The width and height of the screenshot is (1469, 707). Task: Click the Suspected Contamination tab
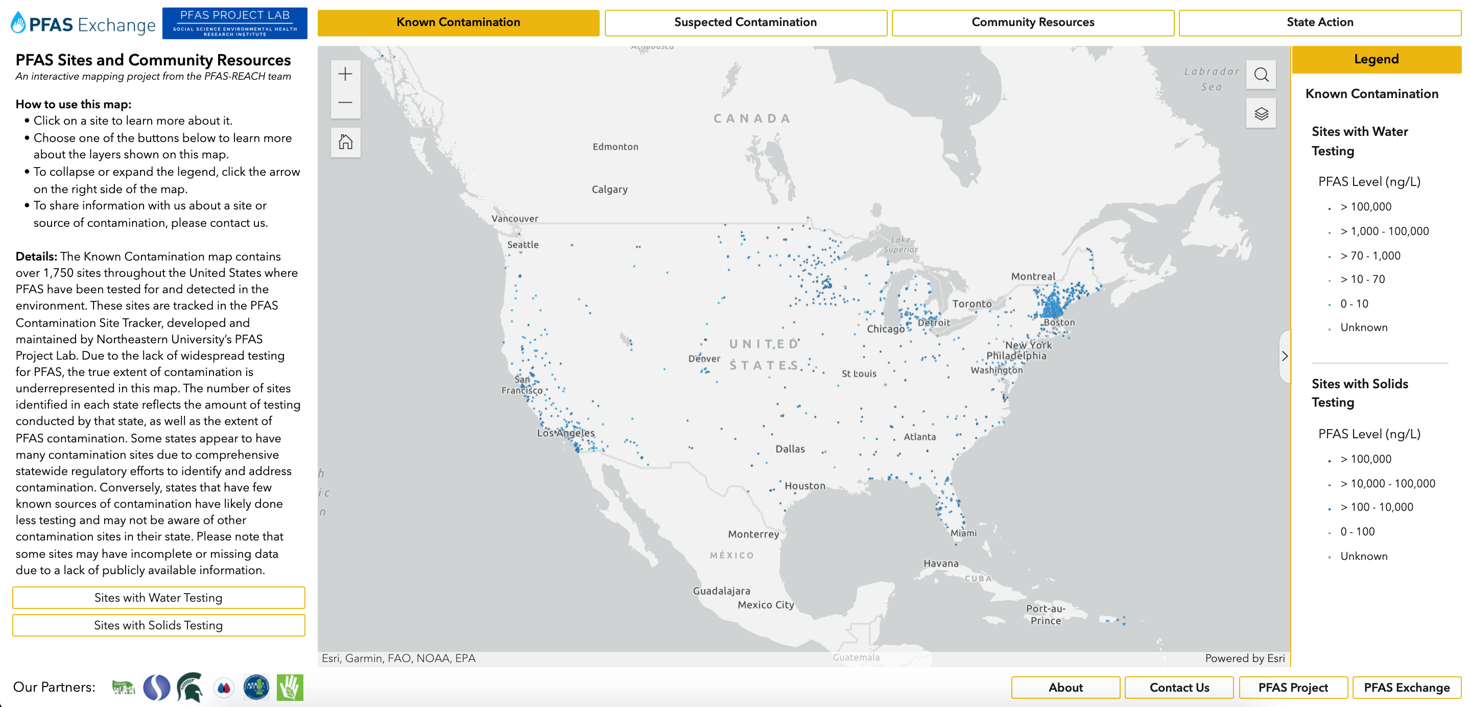coord(745,22)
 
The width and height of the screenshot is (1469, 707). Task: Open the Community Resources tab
coord(1032,22)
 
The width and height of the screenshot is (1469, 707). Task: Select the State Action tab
coord(1319,22)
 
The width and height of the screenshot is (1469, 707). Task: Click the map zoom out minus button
coord(345,103)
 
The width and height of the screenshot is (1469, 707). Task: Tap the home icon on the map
coord(345,142)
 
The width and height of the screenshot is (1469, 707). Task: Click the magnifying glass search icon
coord(1261,75)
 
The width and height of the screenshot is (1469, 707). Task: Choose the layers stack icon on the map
coord(1261,113)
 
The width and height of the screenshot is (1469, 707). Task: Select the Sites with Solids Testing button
coord(158,625)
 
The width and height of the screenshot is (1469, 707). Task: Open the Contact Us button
coord(1179,688)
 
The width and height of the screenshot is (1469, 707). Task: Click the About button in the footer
coord(1065,688)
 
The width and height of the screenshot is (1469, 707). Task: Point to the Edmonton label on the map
coord(615,147)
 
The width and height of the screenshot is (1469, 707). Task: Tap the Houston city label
coord(804,486)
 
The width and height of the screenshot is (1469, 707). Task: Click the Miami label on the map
coord(963,533)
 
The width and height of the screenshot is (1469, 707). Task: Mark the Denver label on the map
coord(704,359)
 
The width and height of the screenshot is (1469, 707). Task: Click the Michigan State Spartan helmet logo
coord(190,687)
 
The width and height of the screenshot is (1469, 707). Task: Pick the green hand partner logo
coord(290,687)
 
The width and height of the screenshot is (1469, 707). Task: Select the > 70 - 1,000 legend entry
coord(1370,256)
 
